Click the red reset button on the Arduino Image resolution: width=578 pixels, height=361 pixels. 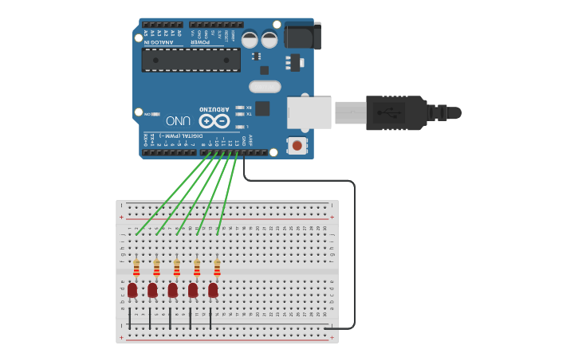tap(297, 145)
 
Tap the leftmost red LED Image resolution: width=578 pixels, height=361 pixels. tap(132, 291)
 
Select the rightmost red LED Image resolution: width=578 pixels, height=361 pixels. tap(213, 291)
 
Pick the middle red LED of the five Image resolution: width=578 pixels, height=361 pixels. tap(172, 291)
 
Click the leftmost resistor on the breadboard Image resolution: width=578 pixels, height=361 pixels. tap(136, 268)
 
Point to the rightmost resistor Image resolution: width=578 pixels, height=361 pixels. tap(217, 268)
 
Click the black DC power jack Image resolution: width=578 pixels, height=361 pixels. tap(302, 36)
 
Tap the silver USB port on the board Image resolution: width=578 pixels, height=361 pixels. tap(309, 112)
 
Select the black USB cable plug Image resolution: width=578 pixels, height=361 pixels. tap(394, 112)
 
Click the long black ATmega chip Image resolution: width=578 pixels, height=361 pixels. tap(191, 60)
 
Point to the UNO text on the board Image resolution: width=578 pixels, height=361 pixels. tap(178, 120)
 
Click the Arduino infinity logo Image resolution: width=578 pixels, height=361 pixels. tap(214, 121)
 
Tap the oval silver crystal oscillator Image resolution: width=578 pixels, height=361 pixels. tap(265, 87)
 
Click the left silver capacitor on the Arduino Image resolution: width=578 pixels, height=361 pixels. tap(250, 39)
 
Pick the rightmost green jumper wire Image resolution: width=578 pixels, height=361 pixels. tap(226, 195)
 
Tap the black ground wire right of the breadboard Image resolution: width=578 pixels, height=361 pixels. tap(354, 255)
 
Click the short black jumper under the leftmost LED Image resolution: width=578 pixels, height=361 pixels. tap(130, 317)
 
